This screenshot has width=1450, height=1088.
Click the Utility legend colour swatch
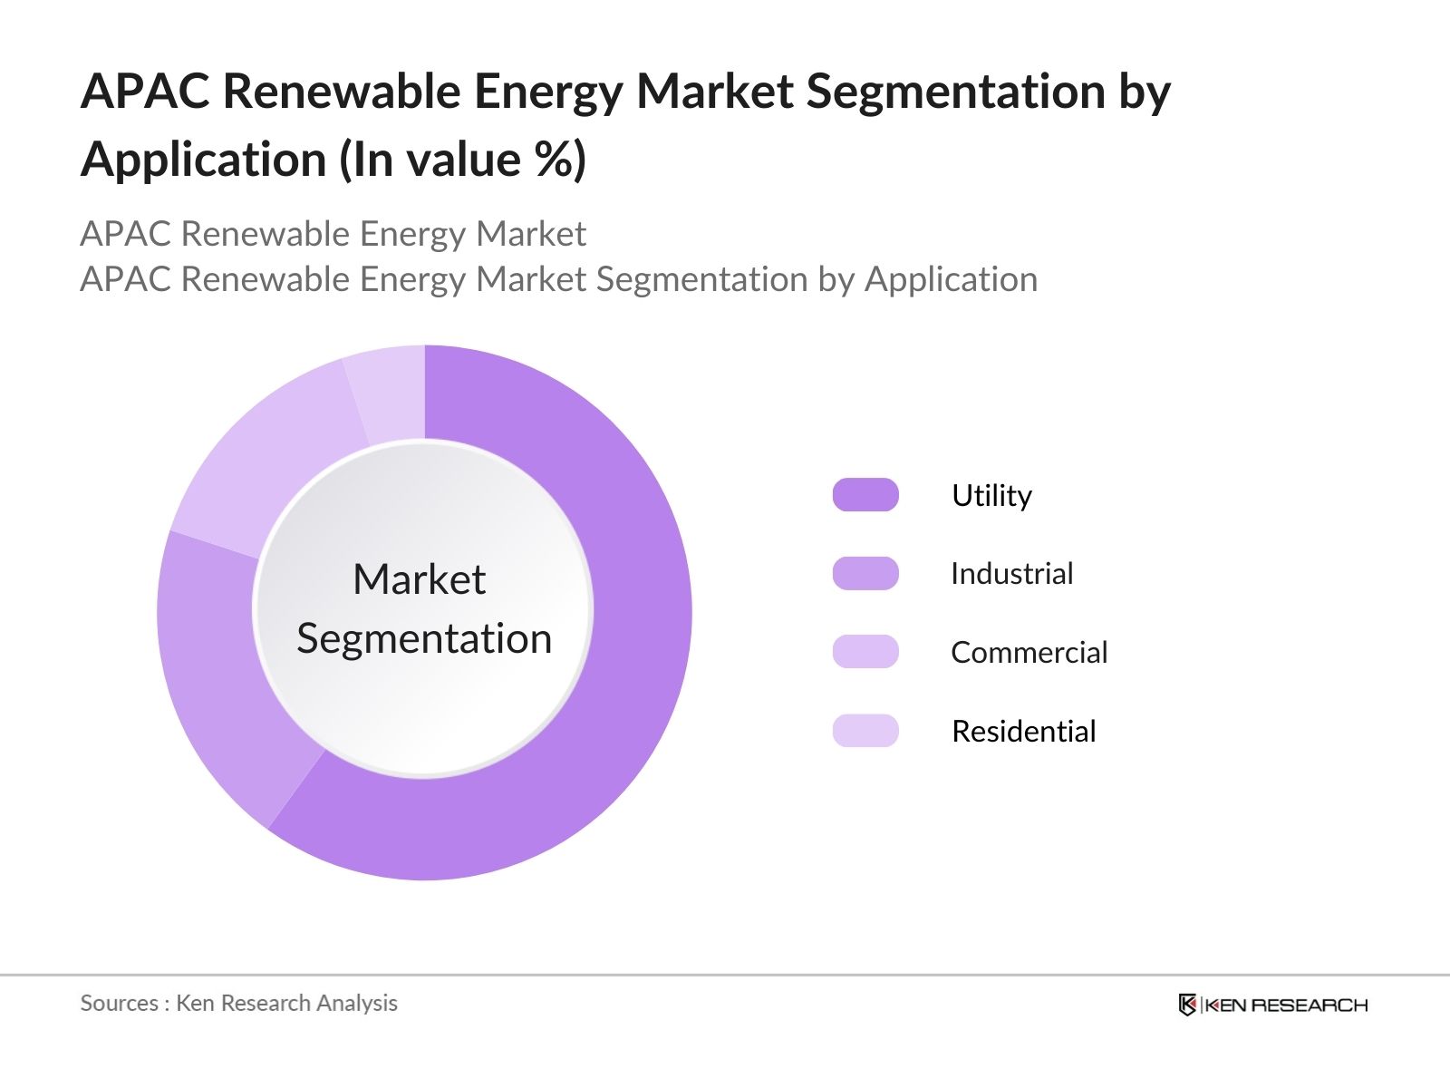(865, 495)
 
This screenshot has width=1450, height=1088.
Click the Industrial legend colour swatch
(865, 574)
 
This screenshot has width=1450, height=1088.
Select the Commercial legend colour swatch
(865, 652)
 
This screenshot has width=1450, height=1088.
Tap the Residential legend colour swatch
(865, 731)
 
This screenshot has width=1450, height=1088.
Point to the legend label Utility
(991, 496)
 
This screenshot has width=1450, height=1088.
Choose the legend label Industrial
(1011, 574)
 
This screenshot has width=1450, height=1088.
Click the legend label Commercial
(1029, 653)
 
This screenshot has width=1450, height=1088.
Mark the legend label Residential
(1023, 732)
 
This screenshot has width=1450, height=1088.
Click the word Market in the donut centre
(419, 579)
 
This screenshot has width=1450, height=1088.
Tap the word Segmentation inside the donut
(424, 638)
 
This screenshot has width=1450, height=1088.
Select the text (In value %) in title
(462, 160)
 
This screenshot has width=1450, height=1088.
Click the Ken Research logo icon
(1187, 1005)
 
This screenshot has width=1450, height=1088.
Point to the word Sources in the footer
(119, 1003)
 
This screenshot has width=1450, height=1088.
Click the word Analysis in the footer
(357, 1003)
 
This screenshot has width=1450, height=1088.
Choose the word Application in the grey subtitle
(951, 279)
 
